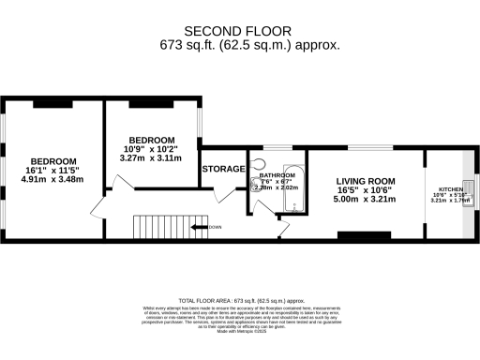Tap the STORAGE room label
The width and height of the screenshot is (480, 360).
click(x=223, y=169)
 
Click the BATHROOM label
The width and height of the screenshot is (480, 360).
click(x=277, y=175)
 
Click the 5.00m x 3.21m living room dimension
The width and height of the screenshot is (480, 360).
click(x=366, y=199)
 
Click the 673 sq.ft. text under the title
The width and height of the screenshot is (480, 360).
click(x=249, y=45)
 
